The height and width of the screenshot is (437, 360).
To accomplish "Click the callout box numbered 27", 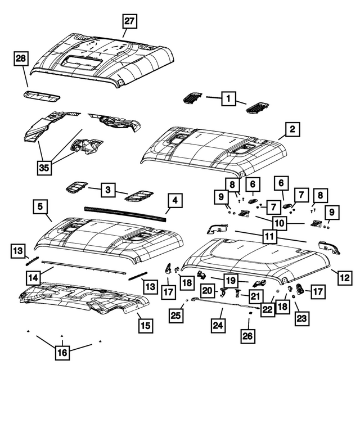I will (130, 22).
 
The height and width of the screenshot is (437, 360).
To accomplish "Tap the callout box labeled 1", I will (228, 99).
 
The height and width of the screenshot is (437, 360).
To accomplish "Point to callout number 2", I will (292, 129).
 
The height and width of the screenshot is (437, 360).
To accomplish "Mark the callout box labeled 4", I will (174, 200).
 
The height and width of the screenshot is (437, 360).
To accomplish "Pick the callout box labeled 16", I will (61, 353).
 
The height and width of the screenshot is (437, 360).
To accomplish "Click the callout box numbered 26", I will (248, 336).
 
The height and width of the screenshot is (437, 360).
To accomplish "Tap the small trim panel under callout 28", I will (43, 95).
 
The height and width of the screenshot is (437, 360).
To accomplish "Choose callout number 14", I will (33, 277).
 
